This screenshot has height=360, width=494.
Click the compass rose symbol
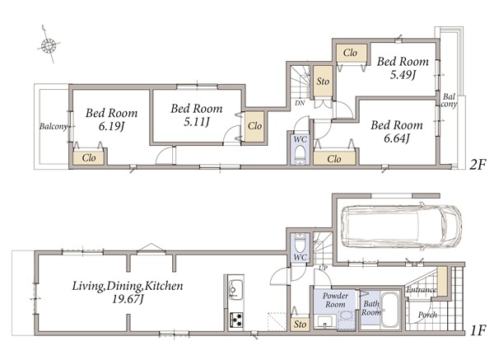[x=49, y=45]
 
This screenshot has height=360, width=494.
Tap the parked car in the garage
[x=402, y=227]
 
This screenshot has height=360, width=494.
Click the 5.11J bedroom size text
[x=197, y=122]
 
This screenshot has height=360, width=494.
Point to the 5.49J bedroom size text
[x=403, y=75]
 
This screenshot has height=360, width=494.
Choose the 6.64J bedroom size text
[x=397, y=138]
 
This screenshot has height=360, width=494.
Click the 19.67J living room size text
[x=128, y=299]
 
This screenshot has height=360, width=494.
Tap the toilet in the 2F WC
[x=301, y=155]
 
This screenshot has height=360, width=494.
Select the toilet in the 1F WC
[x=300, y=242]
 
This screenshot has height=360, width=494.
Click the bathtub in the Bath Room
[x=389, y=311]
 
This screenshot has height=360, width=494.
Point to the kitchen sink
[x=235, y=290]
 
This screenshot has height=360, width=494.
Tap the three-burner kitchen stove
[x=236, y=320]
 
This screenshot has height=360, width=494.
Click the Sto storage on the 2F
[x=323, y=81]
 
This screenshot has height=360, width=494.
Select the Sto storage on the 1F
[x=300, y=324]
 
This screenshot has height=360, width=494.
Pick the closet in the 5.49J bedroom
[x=351, y=53]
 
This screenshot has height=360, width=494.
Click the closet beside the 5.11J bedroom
[x=254, y=126]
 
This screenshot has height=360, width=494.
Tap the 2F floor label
[x=478, y=164]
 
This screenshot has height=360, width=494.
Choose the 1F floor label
[x=478, y=330]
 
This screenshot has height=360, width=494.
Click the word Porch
[x=427, y=315]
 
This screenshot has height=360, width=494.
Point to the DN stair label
[x=300, y=103]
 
